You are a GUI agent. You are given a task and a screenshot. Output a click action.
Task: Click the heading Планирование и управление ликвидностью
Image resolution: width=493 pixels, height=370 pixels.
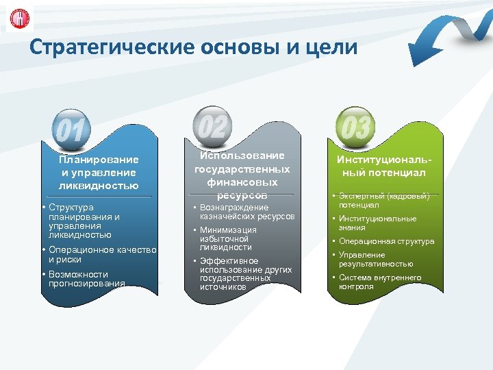click(x=99, y=173)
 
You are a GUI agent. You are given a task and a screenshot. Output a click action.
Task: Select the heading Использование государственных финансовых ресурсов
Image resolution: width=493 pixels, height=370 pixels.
click(x=242, y=175)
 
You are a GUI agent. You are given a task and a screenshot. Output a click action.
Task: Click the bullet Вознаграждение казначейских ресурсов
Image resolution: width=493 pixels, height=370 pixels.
click(x=246, y=212)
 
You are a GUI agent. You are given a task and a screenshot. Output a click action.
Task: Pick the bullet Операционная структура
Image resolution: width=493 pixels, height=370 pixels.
click(x=386, y=241)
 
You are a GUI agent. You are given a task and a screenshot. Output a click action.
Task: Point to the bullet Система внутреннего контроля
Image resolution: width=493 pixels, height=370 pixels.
click(x=379, y=282)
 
